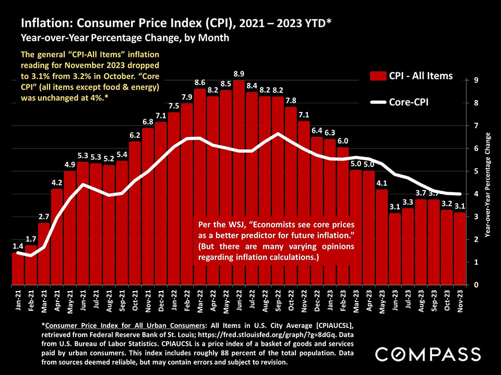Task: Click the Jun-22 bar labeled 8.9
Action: (x=239, y=182)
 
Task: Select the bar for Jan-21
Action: (x=18, y=268)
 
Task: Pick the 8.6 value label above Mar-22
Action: (x=200, y=83)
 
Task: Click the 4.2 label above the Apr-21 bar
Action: (x=57, y=183)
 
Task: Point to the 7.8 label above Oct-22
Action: (x=291, y=101)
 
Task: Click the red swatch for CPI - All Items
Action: (x=377, y=76)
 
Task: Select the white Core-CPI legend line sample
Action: (x=377, y=102)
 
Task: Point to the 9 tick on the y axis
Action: (x=475, y=80)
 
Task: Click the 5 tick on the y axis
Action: (x=475, y=171)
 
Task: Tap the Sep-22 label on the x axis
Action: (x=278, y=302)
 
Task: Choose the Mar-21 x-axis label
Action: (x=44, y=302)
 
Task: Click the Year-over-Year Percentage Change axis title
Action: (x=488, y=185)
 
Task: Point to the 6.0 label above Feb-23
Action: (x=342, y=141)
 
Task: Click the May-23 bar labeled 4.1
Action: (x=382, y=237)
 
